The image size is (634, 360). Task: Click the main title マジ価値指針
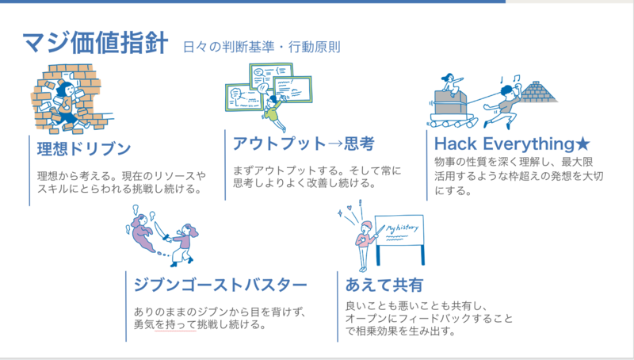click(x=94, y=43)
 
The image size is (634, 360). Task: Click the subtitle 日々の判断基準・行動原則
click(x=262, y=48)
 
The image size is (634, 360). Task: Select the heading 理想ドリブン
click(x=84, y=148)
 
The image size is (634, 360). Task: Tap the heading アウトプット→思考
click(x=304, y=144)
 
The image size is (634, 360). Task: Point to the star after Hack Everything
click(x=583, y=144)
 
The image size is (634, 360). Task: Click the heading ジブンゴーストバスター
click(x=220, y=285)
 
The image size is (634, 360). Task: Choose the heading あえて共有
click(x=384, y=285)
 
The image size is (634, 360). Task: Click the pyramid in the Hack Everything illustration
click(x=538, y=92)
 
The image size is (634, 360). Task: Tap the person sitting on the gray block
click(x=449, y=82)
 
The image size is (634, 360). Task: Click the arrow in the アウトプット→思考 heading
click(x=334, y=144)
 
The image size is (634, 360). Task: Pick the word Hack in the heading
click(x=456, y=144)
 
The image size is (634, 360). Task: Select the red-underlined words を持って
click(x=176, y=324)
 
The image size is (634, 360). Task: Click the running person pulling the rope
click(x=501, y=106)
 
